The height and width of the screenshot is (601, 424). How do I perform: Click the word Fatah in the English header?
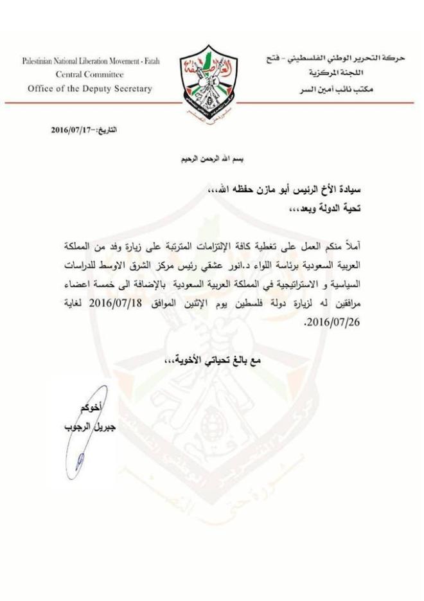point(148,62)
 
